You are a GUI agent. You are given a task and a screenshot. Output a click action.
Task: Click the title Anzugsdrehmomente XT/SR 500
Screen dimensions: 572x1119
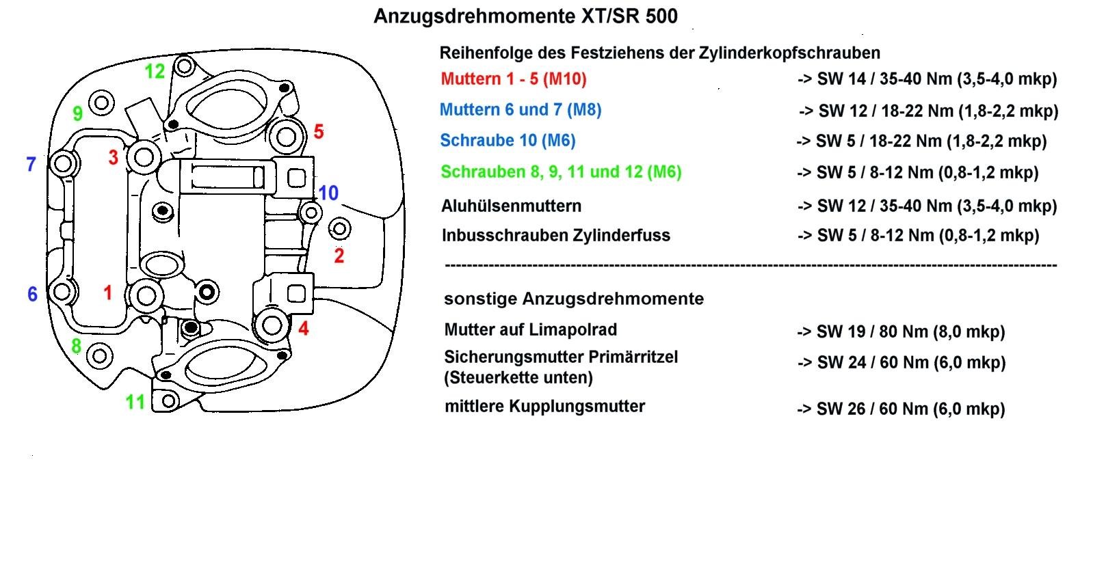point(525,16)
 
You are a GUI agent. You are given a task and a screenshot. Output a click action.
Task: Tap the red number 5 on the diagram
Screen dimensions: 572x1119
point(318,132)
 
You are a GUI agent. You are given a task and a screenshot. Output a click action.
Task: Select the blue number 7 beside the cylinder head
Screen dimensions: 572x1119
point(31,165)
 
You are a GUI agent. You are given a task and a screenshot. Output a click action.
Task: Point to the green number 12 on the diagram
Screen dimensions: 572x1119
point(155,71)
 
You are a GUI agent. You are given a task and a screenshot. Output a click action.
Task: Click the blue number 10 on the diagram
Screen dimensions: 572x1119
point(328,193)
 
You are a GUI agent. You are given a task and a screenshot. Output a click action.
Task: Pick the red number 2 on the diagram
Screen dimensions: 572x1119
point(339,256)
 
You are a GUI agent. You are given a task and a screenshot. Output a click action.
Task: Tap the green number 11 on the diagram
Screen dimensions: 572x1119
point(135,402)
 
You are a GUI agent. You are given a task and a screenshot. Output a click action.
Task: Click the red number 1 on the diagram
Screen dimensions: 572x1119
point(107,293)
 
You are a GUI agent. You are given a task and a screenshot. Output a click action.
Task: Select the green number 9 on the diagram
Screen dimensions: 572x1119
point(78,113)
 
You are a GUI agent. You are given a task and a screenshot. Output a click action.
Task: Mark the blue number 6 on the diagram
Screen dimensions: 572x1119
point(32,294)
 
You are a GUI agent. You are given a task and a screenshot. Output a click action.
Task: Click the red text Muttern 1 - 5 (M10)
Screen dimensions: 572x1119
point(514,79)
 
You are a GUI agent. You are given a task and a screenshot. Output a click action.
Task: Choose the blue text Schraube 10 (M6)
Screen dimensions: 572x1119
point(508,141)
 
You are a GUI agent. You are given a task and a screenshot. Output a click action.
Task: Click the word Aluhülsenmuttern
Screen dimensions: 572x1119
point(511,206)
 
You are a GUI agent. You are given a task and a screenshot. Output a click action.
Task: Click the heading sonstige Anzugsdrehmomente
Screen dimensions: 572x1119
point(574,299)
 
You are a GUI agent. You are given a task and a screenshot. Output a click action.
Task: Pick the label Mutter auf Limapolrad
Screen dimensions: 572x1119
point(531,330)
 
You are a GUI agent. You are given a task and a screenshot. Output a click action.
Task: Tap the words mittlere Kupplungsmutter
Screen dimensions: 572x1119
point(544,407)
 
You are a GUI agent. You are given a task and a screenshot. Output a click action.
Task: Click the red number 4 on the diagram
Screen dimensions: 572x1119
point(304,329)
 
